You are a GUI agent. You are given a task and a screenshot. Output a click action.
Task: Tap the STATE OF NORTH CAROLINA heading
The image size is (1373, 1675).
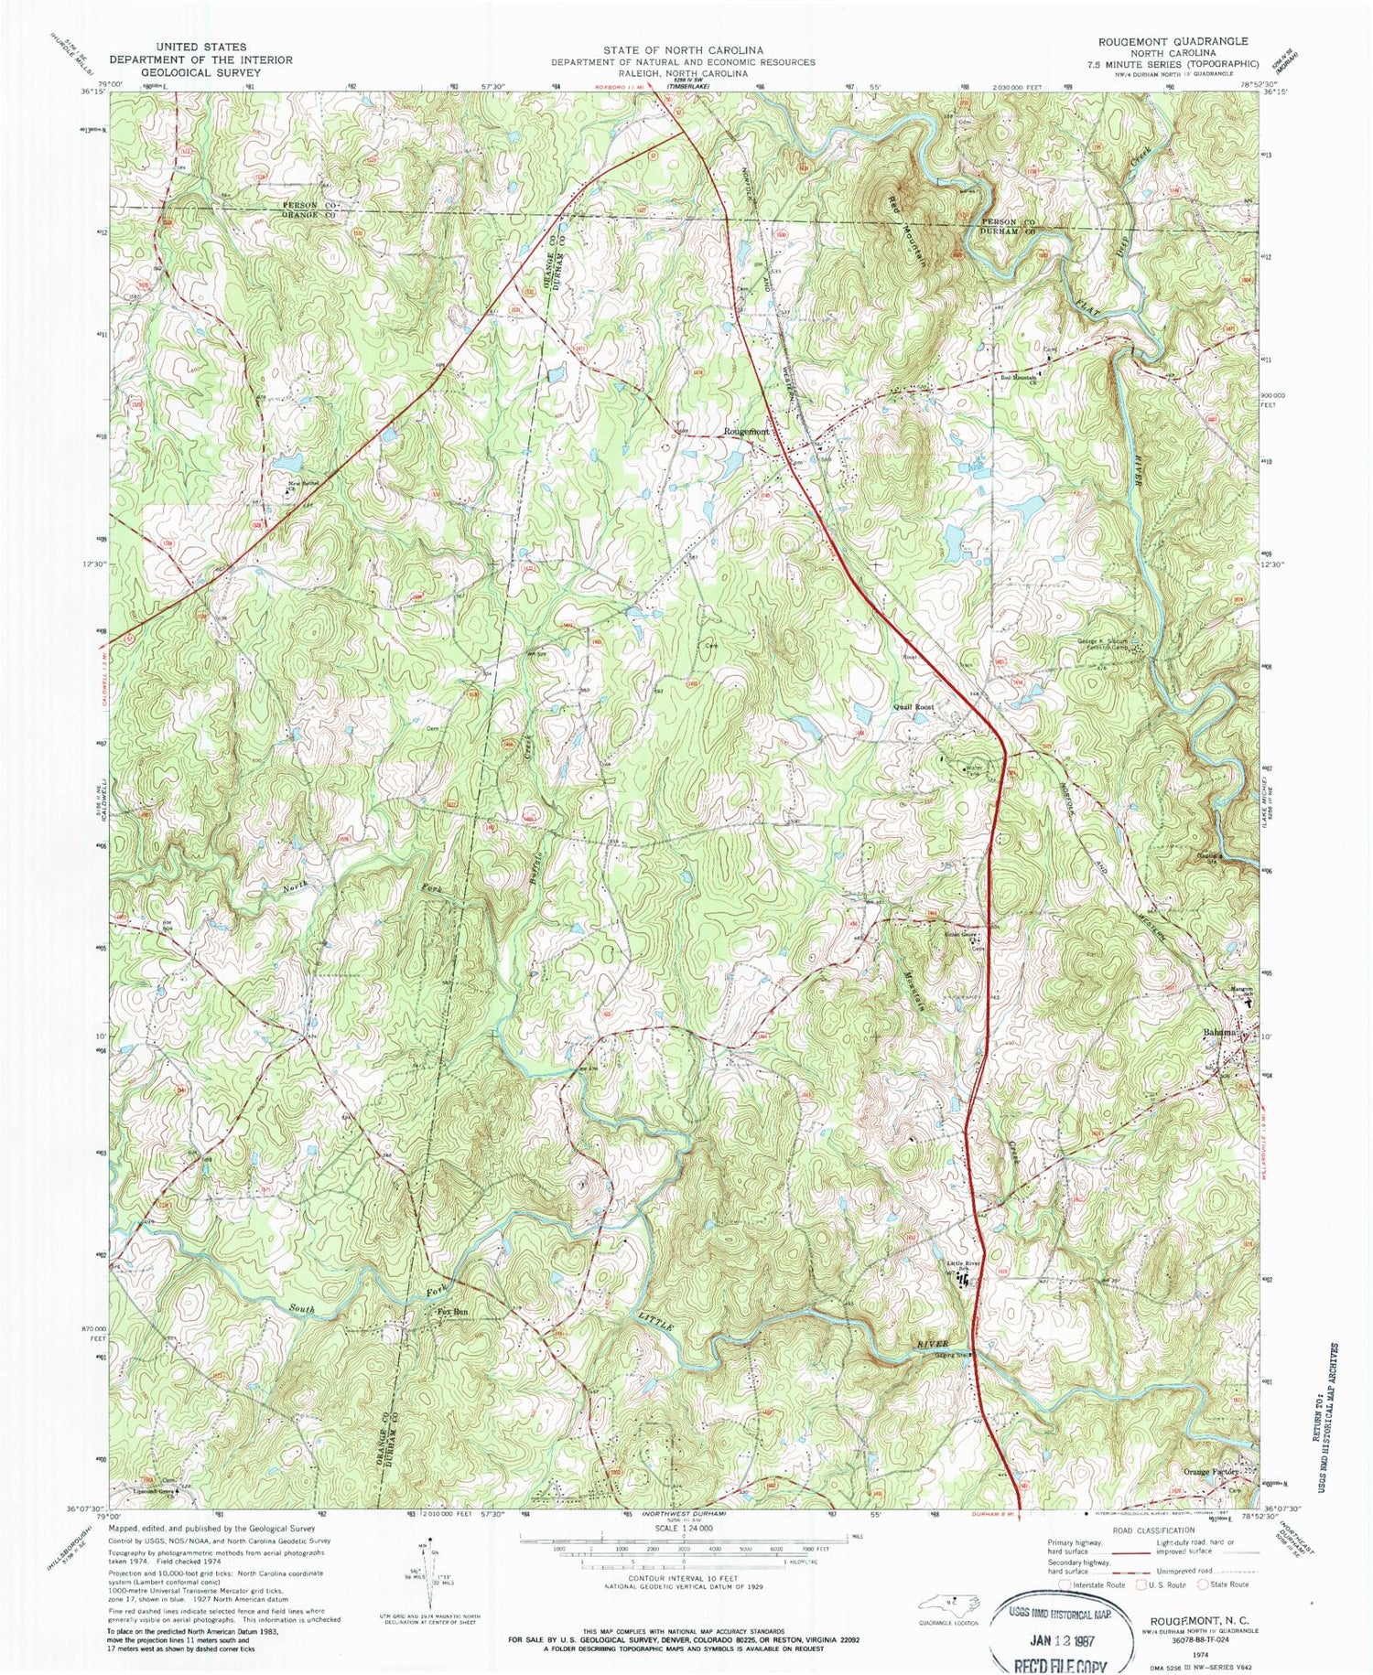coord(683,50)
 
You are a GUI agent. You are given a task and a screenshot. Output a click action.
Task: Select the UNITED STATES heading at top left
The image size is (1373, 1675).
coord(200,47)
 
